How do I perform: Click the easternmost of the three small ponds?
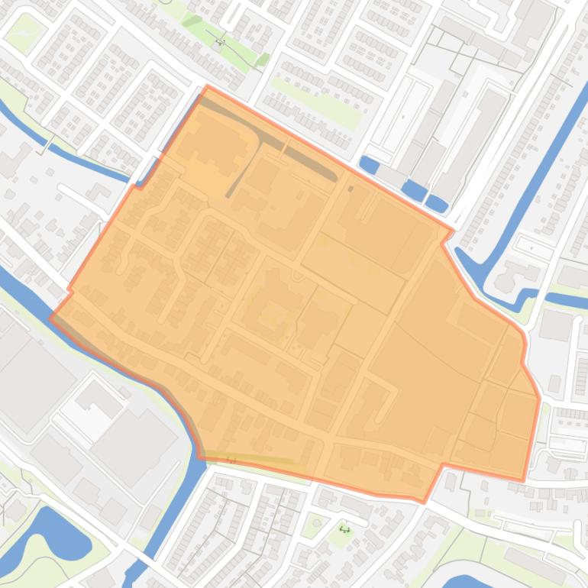pos(436,203)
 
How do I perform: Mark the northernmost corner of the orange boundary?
pos(208,86)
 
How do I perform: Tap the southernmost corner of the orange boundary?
pos(424,502)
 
